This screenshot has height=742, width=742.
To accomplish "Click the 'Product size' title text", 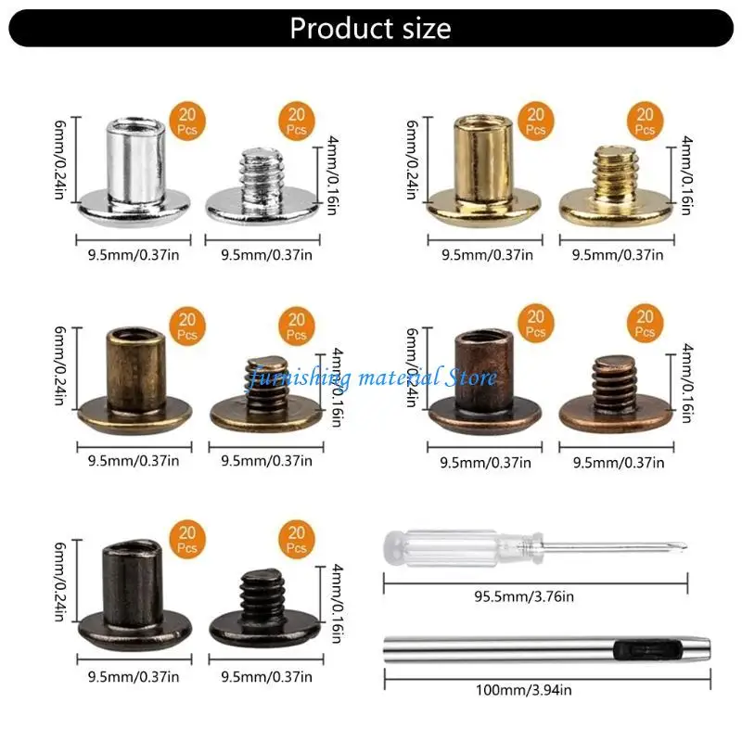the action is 370,28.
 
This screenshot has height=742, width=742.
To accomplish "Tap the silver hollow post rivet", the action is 135,173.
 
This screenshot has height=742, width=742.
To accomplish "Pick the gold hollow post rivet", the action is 484,172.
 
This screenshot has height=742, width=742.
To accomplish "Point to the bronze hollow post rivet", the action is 134,380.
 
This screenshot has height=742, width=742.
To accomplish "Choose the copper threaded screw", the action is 616,394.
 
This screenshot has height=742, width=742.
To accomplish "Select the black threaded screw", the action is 265,608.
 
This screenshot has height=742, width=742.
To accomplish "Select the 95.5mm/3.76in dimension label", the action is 524,596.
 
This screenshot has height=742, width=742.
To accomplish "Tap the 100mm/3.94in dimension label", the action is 523,690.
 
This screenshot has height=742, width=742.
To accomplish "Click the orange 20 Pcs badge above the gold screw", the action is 645,121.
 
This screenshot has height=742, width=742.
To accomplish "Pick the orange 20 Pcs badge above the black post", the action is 187,539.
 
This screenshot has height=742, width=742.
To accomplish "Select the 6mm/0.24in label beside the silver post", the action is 60,160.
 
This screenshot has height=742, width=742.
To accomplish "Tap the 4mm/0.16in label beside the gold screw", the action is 686,175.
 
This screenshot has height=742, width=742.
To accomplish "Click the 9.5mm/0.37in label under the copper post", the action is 485,462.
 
